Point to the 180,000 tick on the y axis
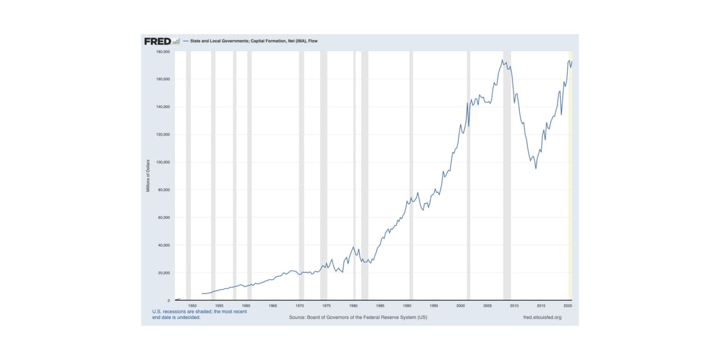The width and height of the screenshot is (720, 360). point(163,52)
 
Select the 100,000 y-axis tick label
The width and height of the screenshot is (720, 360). point(163,162)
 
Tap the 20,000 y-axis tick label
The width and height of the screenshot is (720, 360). point(164,273)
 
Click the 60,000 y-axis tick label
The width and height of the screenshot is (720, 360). point(164,218)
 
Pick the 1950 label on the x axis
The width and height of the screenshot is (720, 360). point(192,305)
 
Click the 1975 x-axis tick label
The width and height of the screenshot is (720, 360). point(326,305)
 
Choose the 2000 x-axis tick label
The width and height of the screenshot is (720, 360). point(460,305)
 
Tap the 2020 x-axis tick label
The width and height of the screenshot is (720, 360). point(568,305)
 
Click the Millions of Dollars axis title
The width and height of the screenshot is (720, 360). point(148,176)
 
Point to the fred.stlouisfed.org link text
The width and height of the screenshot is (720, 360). point(542,317)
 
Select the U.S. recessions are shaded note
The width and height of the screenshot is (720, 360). point(199,314)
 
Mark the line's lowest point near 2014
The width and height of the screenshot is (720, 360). point(535,168)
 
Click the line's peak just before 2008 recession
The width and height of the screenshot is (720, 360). point(502,60)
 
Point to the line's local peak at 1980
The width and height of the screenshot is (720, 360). point(353,247)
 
